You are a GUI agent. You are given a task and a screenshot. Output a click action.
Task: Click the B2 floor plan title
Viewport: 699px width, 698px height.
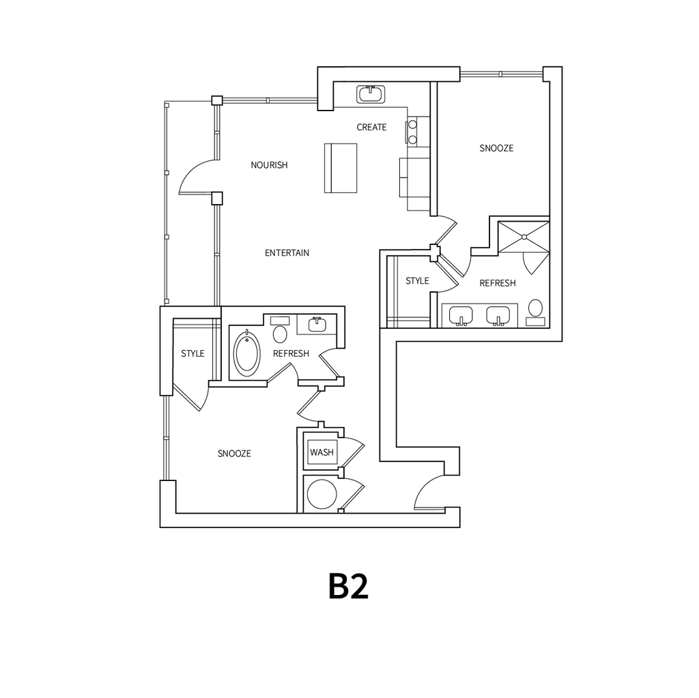(x=348, y=586)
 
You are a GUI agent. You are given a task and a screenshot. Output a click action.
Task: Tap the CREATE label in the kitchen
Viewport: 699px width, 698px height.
(x=371, y=128)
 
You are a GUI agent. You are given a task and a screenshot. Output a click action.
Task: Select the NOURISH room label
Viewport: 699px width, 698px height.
(x=269, y=165)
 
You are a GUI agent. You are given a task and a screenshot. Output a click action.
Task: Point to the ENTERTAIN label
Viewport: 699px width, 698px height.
(x=287, y=253)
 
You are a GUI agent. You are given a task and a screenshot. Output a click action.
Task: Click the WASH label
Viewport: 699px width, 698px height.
(x=321, y=452)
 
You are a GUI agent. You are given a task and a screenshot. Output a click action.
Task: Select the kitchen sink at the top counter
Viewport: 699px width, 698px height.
(x=371, y=94)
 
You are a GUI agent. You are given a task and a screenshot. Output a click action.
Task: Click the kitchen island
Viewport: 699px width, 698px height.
(x=341, y=168)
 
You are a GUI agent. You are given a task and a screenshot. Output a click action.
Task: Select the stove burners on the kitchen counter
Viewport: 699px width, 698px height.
(x=413, y=132)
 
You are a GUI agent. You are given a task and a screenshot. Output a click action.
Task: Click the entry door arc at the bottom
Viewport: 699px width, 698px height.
(x=430, y=493)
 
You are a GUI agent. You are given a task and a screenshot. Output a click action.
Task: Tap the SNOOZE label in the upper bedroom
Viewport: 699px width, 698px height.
(x=496, y=148)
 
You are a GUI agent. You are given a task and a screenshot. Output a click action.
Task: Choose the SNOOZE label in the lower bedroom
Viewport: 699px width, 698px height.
(x=234, y=454)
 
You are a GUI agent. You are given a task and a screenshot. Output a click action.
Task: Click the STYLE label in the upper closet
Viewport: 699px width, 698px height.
(x=417, y=281)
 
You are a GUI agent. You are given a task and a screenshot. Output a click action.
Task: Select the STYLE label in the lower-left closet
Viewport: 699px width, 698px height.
(x=192, y=353)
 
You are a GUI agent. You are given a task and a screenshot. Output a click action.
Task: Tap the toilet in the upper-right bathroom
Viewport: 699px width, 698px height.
(x=536, y=310)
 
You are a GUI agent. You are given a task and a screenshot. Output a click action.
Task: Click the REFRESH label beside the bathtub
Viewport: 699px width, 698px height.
(x=291, y=353)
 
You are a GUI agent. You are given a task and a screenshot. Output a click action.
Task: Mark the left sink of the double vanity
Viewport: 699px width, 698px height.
(x=462, y=315)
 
